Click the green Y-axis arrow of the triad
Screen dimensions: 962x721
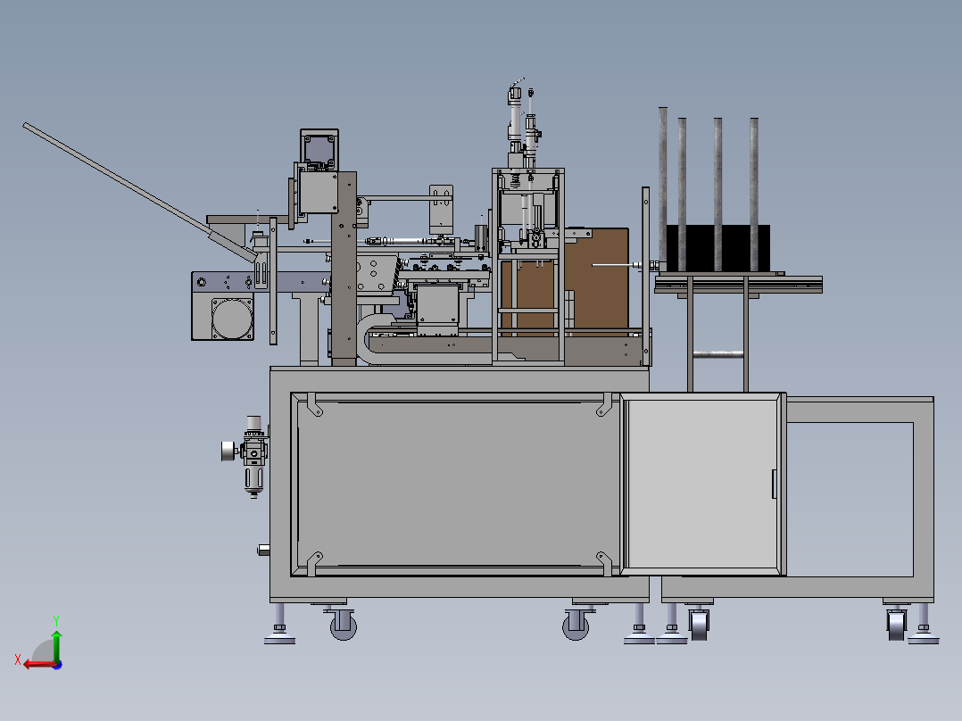tap(56, 645)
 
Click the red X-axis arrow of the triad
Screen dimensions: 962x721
tap(40, 664)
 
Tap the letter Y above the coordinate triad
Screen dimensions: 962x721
tap(56, 620)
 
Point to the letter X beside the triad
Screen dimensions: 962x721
tap(18, 659)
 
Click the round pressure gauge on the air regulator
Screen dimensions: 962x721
tap(228, 452)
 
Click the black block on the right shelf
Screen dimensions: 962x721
tap(717, 248)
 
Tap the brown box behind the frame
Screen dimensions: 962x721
tap(595, 281)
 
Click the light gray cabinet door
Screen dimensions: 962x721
tap(703, 485)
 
